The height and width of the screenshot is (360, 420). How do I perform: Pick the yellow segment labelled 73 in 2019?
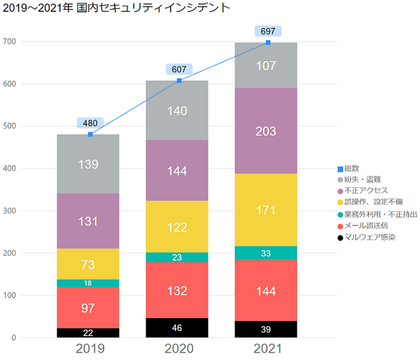[x=88, y=264]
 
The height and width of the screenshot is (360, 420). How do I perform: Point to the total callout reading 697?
[x=268, y=32]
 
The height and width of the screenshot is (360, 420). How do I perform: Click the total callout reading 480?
[x=90, y=124]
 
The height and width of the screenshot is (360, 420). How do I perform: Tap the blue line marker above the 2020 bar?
[x=179, y=80]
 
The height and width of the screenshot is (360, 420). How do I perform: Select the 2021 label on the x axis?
[x=268, y=349]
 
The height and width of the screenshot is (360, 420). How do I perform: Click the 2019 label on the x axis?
[x=90, y=349]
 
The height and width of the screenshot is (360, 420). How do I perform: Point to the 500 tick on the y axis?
[x=10, y=126]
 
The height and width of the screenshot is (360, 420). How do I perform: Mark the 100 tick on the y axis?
[x=10, y=295]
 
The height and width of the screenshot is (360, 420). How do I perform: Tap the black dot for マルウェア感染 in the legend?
[x=340, y=238]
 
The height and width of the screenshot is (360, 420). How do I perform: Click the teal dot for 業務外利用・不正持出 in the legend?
[x=340, y=214]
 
